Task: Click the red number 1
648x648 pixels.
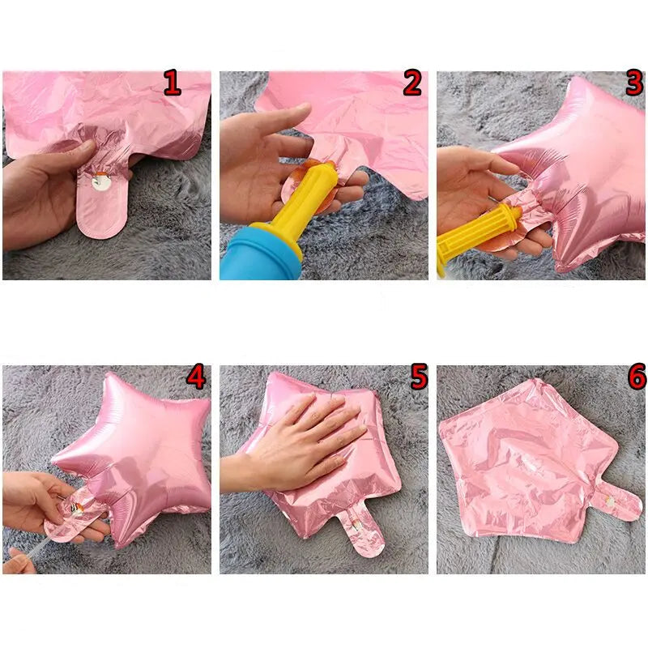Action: click(172, 83)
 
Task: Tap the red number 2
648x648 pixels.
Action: click(412, 83)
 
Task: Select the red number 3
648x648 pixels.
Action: click(634, 83)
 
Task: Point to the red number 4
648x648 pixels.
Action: click(195, 376)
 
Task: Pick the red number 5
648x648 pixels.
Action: click(419, 376)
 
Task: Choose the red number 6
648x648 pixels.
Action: click(637, 376)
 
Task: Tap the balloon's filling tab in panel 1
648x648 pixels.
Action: click(102, 202)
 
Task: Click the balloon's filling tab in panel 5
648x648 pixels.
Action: click(360, 532)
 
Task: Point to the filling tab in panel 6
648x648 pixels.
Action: click(616, 502)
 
